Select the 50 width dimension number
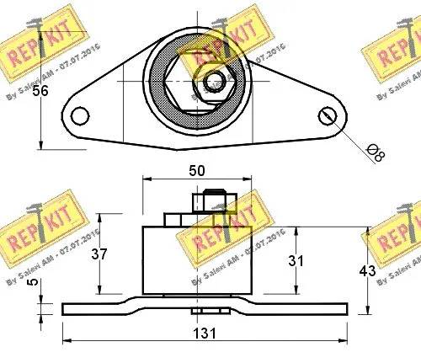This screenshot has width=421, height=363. coord(196,170)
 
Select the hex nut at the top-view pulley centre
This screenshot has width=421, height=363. coord(214,82)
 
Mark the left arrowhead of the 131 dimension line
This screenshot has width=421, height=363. coord(67,341)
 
